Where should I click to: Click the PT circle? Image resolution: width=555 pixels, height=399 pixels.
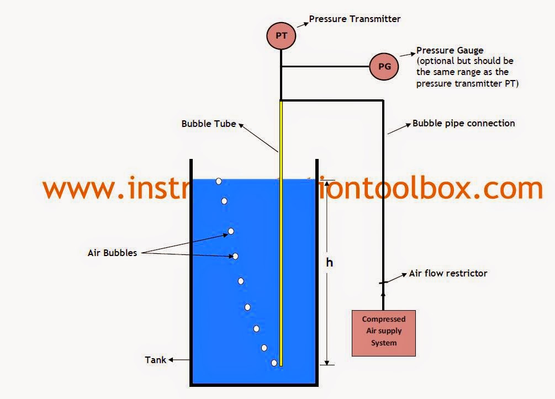click(x=281, y=36)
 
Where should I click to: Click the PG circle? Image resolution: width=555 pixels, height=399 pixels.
click(x=384, y=67)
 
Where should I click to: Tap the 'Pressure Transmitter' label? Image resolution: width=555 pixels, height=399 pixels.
click(x=355, y=19)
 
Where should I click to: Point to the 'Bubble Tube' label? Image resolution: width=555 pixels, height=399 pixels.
click(x=209, y=124)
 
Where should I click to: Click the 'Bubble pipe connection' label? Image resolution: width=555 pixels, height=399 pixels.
click(x=463, y=123)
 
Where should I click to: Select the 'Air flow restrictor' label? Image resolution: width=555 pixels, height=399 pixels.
click(x=448, y=273)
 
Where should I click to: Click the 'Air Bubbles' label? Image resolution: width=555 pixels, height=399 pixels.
click(x=112, y=253)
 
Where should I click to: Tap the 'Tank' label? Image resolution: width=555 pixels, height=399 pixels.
click(x=155, y=360)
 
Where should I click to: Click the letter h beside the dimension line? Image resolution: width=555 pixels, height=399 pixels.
click(x=329, y=263)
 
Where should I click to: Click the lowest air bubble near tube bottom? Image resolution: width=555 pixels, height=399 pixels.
click(x=274, y=363)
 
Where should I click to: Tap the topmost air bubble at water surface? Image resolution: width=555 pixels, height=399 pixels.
click(x=219, y=181)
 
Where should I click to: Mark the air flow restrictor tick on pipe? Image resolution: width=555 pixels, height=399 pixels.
click(x=383, y=283)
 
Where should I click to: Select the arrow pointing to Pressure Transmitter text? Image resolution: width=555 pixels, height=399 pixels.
click(x=302, y=24)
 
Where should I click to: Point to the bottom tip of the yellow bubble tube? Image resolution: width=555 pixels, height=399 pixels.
click(x=281, y=364)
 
